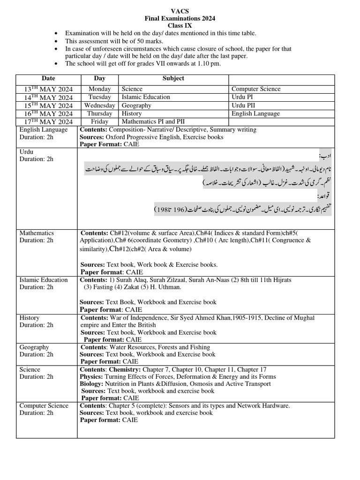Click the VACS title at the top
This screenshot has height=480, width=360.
click(180, 10)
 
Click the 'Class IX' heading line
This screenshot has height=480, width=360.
click(180, 26)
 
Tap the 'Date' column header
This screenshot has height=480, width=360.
click(48, 78)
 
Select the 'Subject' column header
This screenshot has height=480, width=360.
click(173, 78)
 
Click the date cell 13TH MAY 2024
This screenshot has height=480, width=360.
click(48, 89)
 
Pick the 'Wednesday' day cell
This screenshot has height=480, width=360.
click(99, 105)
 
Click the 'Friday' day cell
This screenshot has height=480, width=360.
click(99, 122)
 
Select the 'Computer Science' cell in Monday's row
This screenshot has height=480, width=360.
click(256, 89)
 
